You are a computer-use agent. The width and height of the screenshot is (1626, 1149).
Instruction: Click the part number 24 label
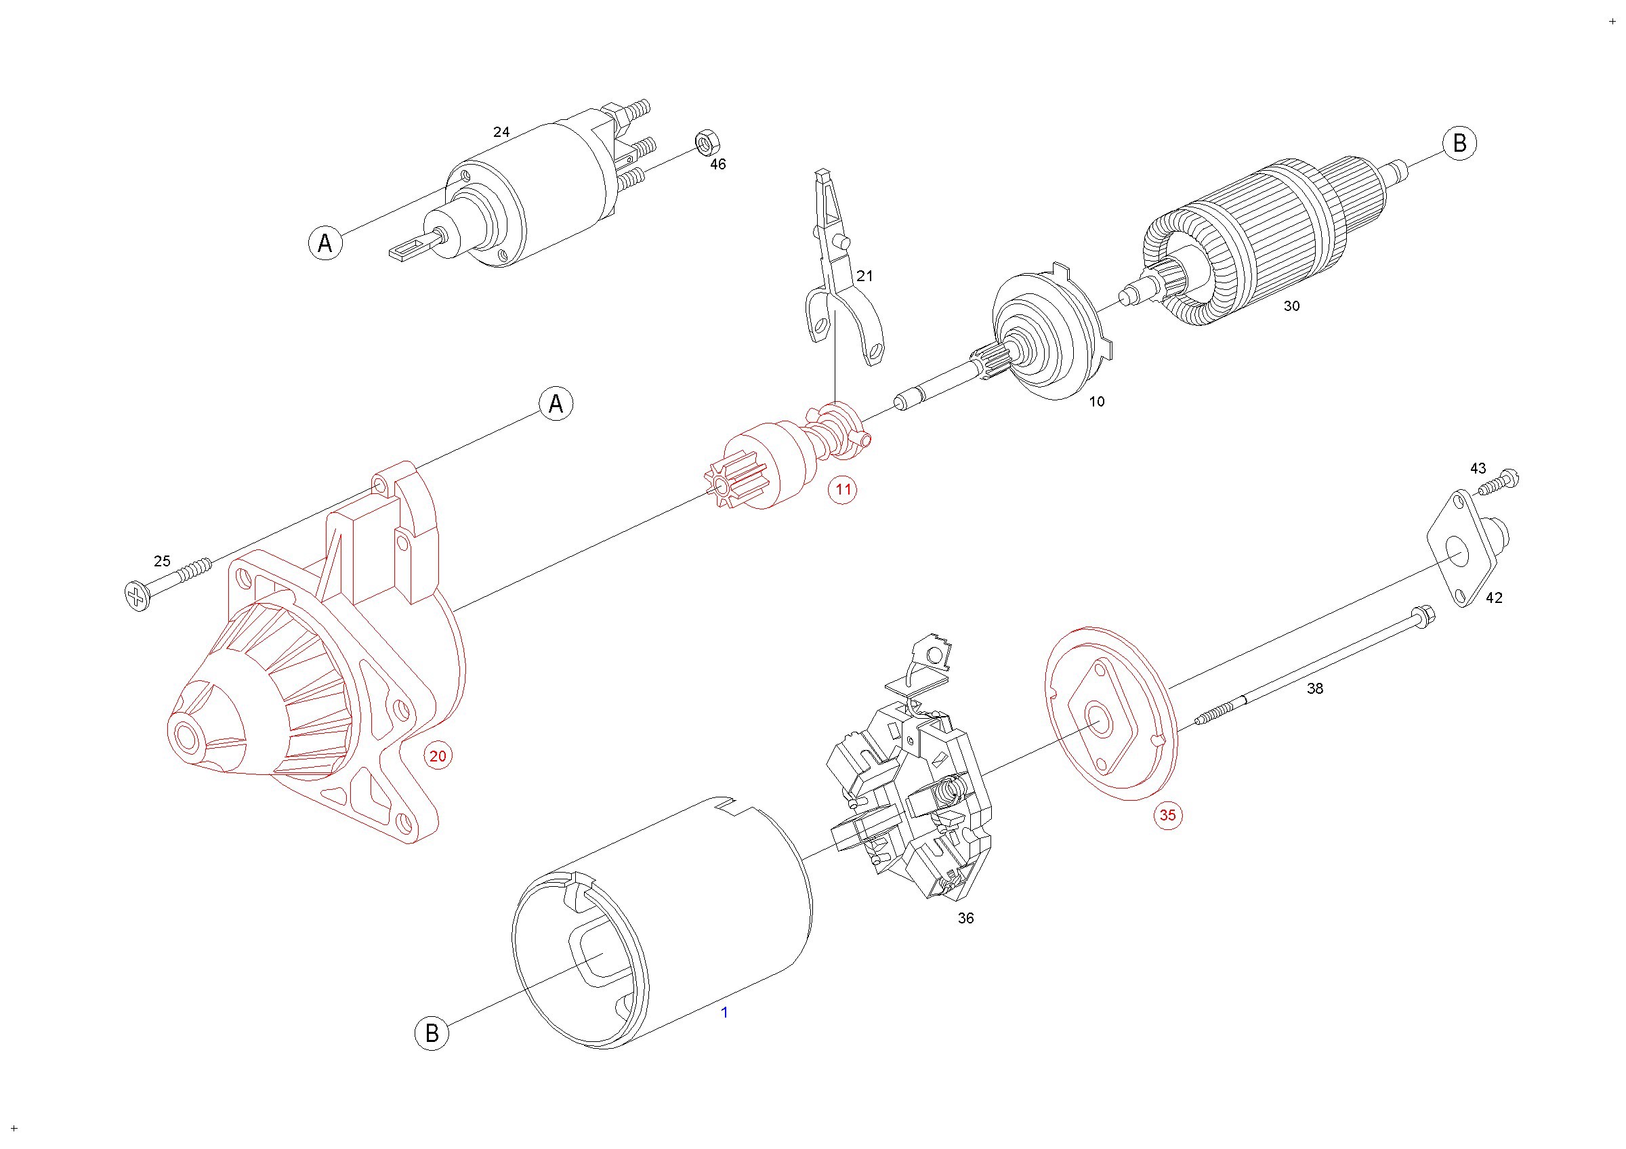(501, 132)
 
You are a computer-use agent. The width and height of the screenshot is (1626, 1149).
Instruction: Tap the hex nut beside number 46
(706, 142)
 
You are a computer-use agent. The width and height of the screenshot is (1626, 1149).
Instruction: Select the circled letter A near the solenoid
(325, 243)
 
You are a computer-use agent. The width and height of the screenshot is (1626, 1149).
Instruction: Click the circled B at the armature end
(1459, 143)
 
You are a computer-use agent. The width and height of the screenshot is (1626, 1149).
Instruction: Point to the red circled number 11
(843, 489)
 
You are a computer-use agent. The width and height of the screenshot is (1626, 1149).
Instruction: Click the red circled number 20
(438, 756)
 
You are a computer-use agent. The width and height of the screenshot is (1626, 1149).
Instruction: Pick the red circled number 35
(1167, 815)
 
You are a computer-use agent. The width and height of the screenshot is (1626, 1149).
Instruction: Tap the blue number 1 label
(724, 1012)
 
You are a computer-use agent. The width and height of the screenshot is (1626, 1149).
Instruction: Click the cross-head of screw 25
(138, 596)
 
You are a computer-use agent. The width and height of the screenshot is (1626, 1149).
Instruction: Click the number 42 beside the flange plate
(1494, 598)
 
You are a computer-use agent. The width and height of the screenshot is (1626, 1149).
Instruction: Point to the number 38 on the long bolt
(1314, 688)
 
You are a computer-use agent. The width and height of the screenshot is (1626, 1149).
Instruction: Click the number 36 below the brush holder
(965, 918)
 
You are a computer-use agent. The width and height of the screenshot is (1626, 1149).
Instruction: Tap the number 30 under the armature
(1292, 306)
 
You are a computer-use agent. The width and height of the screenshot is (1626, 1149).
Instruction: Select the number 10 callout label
(1096, 402)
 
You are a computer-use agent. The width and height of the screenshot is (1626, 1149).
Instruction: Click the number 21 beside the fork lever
(864, 276)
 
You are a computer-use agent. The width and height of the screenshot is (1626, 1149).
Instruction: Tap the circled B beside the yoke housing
(432, 1033)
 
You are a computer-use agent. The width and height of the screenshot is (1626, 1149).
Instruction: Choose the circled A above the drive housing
(556, 404)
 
